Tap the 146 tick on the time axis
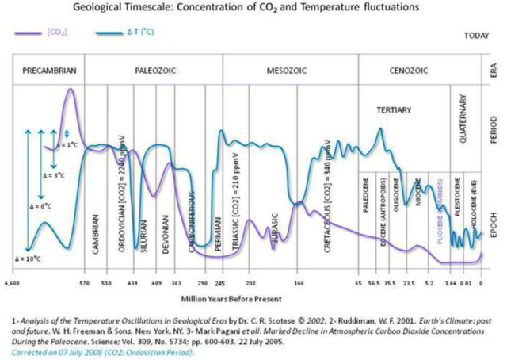[x=299, y=282]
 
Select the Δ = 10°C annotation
[x=28, y=259]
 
